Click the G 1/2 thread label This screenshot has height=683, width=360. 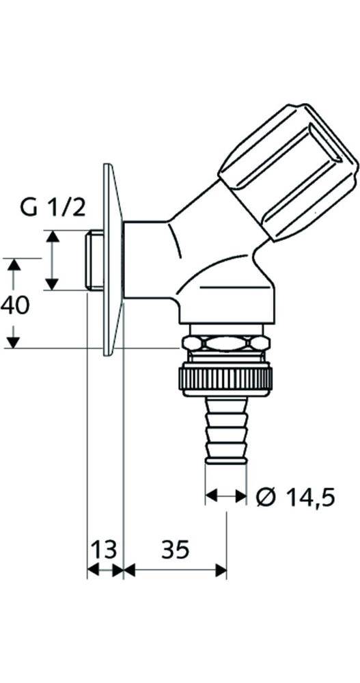[53, 207]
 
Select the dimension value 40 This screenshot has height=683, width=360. [15, 305]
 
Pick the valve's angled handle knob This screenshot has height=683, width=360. [287, 171]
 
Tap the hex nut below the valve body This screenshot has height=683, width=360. [225, 344]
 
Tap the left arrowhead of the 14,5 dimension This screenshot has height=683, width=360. [211, 497]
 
